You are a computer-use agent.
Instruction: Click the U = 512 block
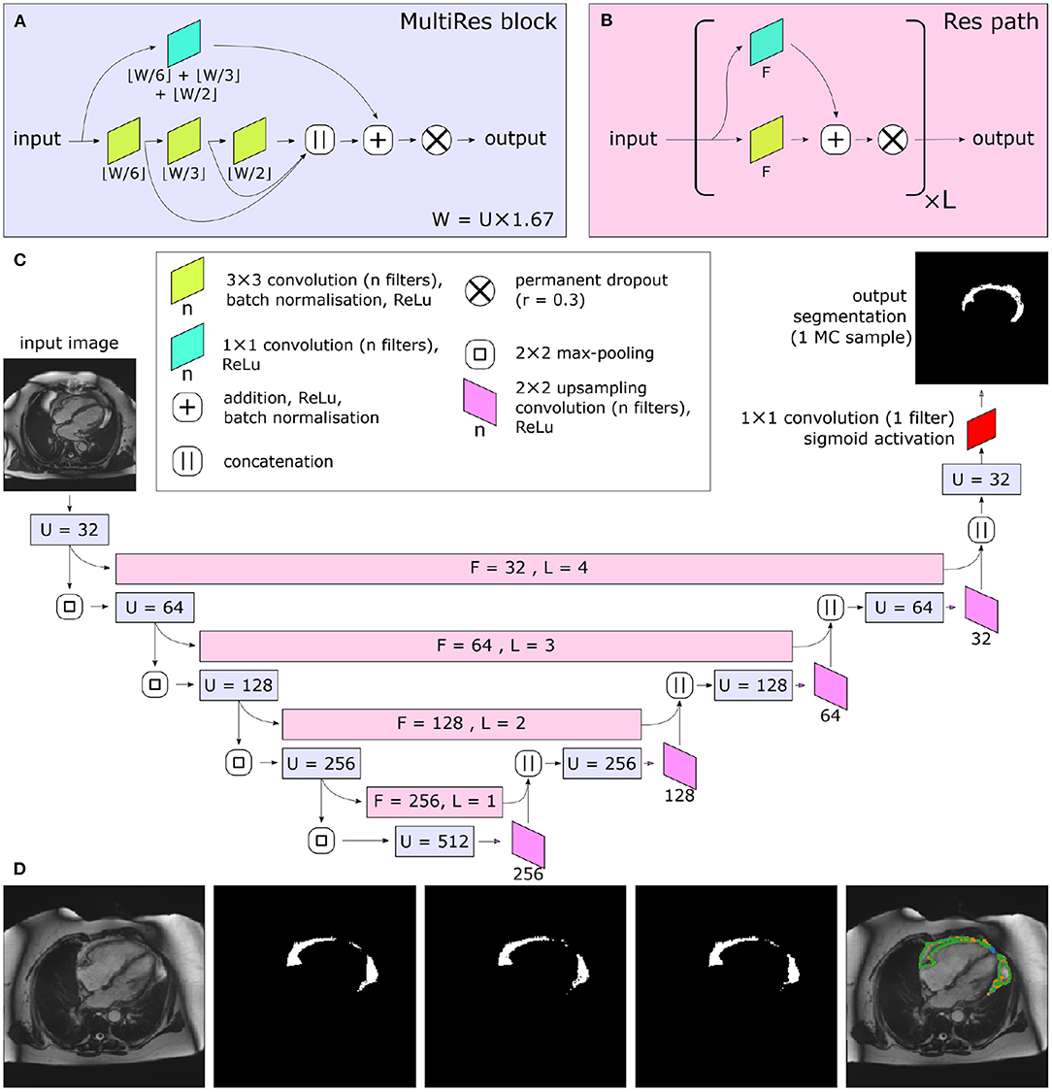[433, 843]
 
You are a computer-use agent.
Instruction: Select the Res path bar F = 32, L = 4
[529, 568]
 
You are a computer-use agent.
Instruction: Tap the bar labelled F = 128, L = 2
[462, 724]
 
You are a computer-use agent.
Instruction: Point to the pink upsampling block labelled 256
[529, 842]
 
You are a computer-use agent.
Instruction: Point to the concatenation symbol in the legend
[187, 461]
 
